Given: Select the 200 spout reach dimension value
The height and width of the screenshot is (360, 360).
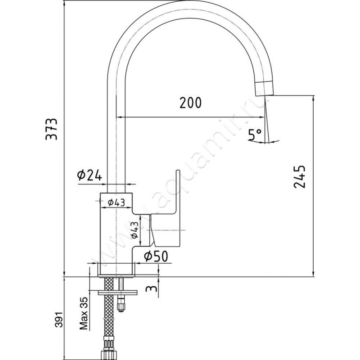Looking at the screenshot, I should (x=190, y=103).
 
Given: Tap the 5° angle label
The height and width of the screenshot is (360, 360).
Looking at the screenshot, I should (x=256, y=134).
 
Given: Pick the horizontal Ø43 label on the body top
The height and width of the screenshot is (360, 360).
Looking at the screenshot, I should (x=116, y=202).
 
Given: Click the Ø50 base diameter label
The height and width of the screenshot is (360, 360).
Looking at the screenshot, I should (x=156, y=256).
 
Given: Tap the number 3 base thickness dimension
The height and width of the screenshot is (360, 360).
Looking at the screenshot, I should (x=153, y=288).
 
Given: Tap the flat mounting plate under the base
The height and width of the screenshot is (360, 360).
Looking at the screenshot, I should (x=117, y=292).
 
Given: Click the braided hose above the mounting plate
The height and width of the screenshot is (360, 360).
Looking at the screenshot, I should (x=108, y=283).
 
